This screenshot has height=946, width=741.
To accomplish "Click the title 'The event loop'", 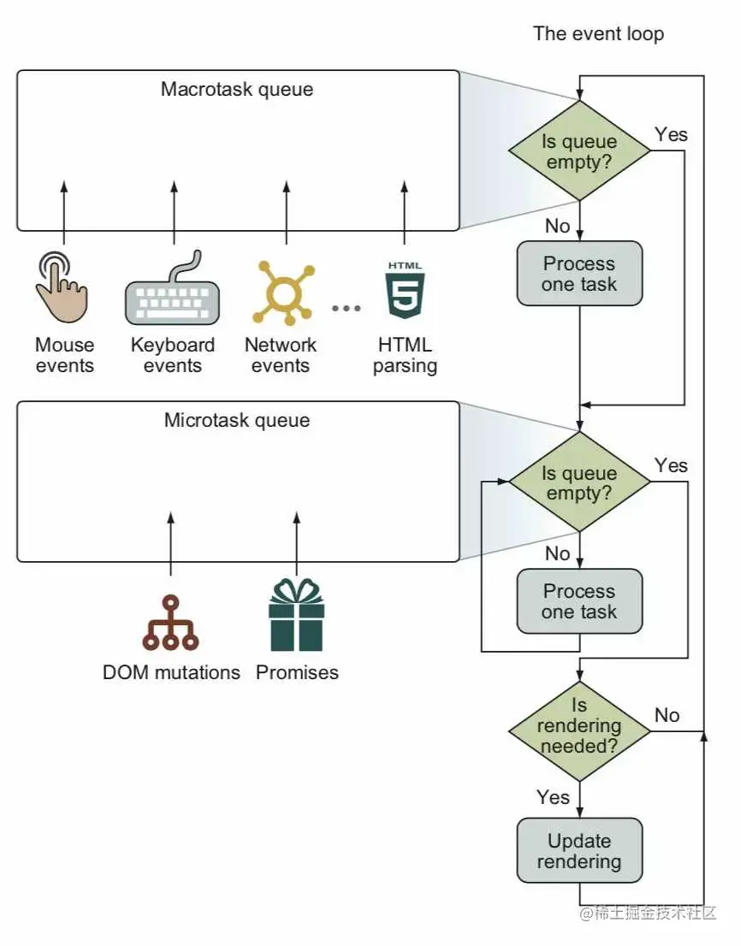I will click(x=598, y=33).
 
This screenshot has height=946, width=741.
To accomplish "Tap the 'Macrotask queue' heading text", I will click(x=237, y=89).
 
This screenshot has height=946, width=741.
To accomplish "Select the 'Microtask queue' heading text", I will click(x=237, y=420).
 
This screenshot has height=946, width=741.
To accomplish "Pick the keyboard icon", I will click(x=173, y=291).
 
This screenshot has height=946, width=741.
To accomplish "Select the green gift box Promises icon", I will click(x=297, y=615).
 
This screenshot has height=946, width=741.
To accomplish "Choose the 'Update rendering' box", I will click(x=579, y=850).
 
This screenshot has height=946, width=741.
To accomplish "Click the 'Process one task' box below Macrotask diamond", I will click(x=579, y=274).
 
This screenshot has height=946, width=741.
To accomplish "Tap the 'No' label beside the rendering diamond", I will click(x=667, y=715).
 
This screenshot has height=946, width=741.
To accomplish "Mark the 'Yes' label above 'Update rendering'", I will click(x=553, y=797).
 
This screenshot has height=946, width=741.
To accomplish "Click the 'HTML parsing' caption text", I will click(x=405, y=356).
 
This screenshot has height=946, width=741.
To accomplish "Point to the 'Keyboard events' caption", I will click(x=173, y=356).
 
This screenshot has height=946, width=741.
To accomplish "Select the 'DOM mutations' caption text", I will click(x=171, y=672).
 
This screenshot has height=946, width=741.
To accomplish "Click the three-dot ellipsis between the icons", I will click(x=347, y=308).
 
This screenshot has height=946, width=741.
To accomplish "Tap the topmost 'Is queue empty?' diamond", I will click(x=579, y=151).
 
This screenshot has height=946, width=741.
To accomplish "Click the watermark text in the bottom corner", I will click(x=648, y=913).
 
